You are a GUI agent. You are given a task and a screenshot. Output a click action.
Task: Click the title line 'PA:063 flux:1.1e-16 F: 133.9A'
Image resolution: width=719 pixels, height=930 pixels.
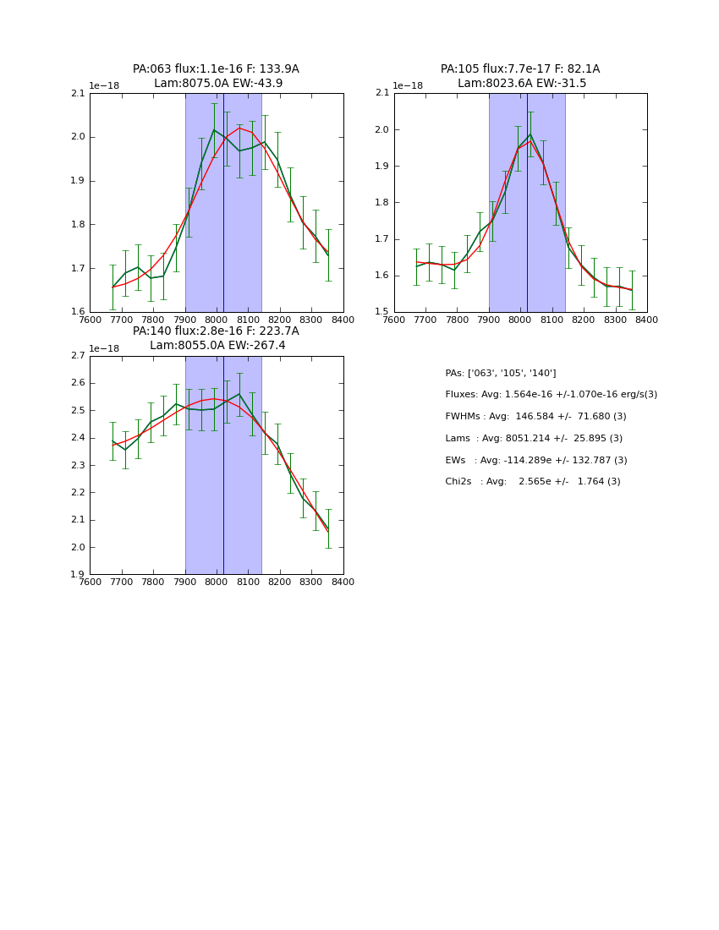tap(216, 69)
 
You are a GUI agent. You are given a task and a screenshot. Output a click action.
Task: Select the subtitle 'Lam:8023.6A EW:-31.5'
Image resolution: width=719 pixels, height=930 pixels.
tap(521, 84)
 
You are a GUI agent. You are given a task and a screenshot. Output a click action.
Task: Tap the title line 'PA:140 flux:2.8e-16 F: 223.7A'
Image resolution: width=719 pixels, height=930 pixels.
tap(216, 331)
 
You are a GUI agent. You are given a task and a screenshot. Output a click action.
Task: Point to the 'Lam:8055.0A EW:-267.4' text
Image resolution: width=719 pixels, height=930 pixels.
tap(217, 346)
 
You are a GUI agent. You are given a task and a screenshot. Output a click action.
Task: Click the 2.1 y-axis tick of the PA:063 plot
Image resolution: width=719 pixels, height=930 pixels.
tap(78, 94)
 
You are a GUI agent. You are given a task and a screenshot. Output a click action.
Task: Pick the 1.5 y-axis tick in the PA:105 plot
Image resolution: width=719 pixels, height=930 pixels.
tap(382, 312)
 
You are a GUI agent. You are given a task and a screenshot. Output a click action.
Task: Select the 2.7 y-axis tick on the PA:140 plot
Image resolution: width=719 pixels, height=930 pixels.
tap(78, 356)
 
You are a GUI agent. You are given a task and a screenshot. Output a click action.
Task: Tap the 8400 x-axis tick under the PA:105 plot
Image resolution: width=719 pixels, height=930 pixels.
tap(647, 320)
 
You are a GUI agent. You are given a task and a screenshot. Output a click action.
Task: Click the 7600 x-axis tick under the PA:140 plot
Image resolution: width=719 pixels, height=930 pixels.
tap(91, 582)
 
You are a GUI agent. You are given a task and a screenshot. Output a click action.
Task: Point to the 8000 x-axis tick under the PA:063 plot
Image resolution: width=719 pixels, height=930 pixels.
tap(217, 320)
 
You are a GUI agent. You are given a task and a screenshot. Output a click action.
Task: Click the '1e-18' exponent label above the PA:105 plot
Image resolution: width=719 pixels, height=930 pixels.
tap(408, 85)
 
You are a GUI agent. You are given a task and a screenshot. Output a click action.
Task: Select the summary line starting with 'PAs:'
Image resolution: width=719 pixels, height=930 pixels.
tap(501, 374)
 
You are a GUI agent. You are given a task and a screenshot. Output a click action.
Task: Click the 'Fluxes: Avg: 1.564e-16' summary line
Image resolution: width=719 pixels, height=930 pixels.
tap(551, 395)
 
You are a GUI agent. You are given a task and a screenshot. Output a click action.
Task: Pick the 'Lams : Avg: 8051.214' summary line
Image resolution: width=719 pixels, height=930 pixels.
tap(534, 439)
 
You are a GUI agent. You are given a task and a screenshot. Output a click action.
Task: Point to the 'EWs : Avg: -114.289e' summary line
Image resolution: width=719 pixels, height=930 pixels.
tap(536, 461)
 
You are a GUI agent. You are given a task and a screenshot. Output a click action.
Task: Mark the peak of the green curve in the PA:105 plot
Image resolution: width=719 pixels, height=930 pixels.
tap(530, 134)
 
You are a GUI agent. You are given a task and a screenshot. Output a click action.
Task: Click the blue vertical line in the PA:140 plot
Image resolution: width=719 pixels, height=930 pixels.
tap(223, 507)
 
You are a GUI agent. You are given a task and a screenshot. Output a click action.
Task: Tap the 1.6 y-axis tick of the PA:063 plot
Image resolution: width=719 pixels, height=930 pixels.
tap(78, 312)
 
